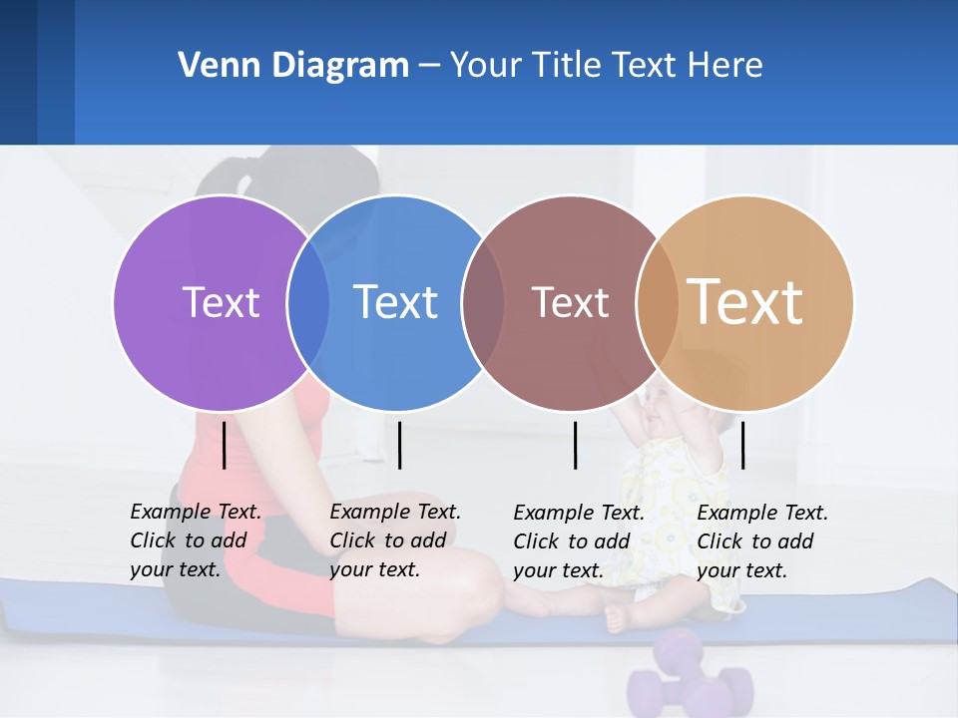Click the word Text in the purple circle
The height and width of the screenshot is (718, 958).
(221, 302)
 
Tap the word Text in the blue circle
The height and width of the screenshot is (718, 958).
(395, 302)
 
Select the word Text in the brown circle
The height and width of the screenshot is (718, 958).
(570, 302)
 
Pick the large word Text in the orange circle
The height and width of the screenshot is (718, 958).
(745, 302)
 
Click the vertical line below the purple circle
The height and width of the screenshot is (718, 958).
(224, 445)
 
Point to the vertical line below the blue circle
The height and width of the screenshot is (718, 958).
(399, 445)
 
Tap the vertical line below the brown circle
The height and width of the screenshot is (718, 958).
(575, 445)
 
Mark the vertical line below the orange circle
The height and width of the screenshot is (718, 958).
(742, 445)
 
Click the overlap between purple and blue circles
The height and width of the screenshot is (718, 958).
(308, 302)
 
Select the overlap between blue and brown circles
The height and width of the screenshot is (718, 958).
(483, 302)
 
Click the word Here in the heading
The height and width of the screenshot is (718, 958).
(725, 66)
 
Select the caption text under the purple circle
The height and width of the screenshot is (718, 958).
(196, 540)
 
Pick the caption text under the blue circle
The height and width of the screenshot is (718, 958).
(395, 540)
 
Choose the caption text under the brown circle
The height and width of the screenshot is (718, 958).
(579, 541)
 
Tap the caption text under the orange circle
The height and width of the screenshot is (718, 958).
(762, 541)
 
